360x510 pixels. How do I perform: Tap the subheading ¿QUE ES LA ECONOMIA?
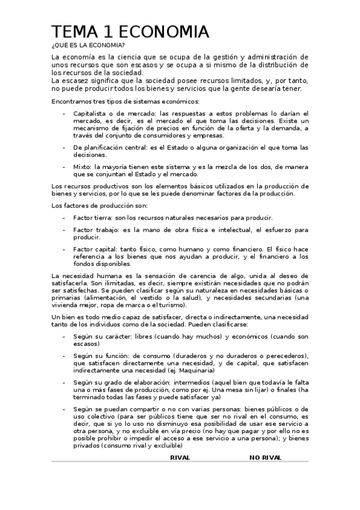[x=84, y=45]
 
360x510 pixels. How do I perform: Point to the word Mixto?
[x=82, y=167]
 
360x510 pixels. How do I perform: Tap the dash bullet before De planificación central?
[x=65, y=147]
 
